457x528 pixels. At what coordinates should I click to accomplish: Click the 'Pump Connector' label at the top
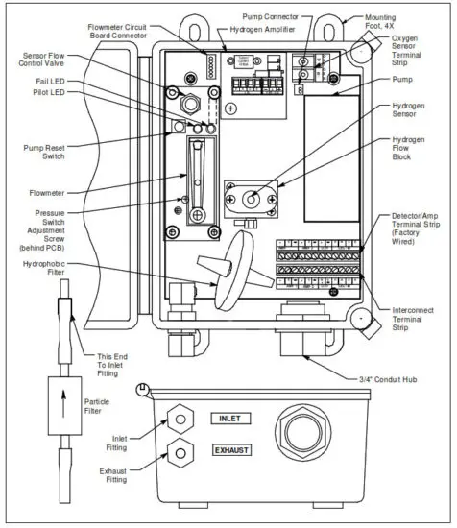point(301,16)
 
